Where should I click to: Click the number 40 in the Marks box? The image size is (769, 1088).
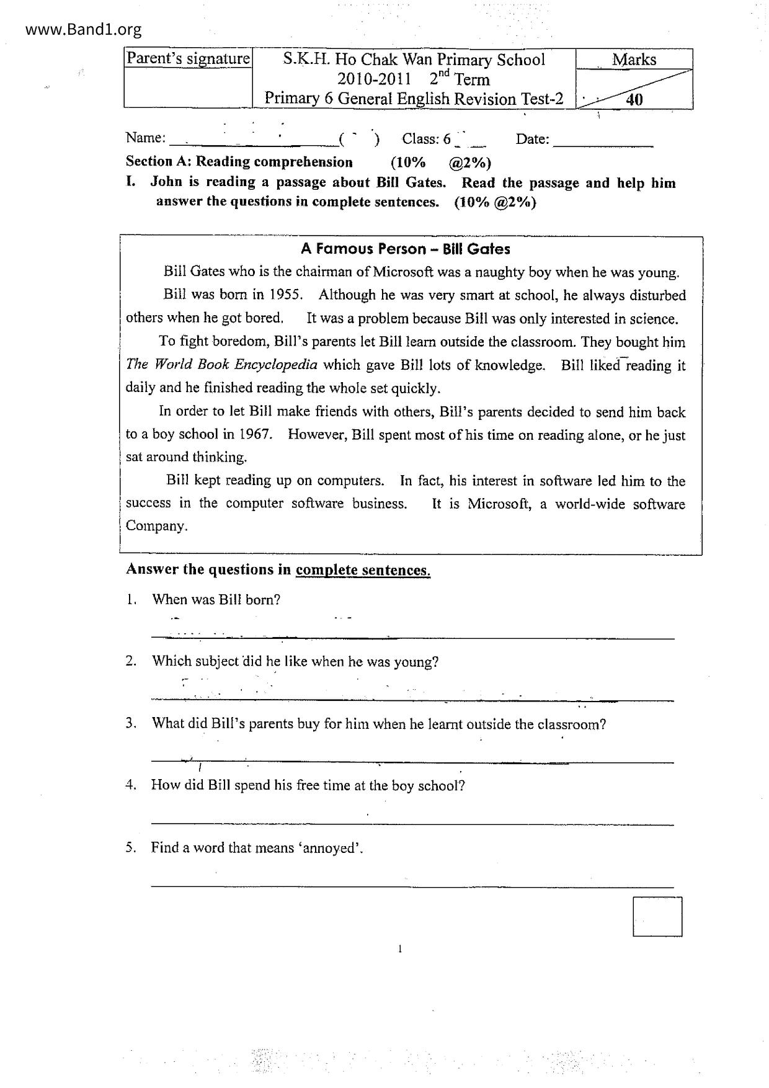coord(634,99)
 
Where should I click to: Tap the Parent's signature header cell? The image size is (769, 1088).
coord(188,59)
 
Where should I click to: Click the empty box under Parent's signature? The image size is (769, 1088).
coord(188,87)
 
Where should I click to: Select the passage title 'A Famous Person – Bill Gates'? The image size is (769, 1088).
coord(405,249)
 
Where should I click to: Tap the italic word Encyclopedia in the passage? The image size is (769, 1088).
coord(275,365)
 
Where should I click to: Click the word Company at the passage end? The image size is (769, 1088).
coord(156,526)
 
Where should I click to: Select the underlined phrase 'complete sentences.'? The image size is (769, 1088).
coord(363,570)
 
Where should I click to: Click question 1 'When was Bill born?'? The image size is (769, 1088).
coord(216,600)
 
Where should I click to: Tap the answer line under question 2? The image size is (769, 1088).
coord(412,700)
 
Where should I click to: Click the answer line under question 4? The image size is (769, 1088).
coord(412,824)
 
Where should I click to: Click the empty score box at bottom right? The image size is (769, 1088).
coord(657,916)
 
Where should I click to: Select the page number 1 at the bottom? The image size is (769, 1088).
coord(400,948)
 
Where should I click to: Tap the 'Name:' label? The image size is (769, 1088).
coord(146,138)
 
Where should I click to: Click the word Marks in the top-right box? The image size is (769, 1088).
coord(634,60)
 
